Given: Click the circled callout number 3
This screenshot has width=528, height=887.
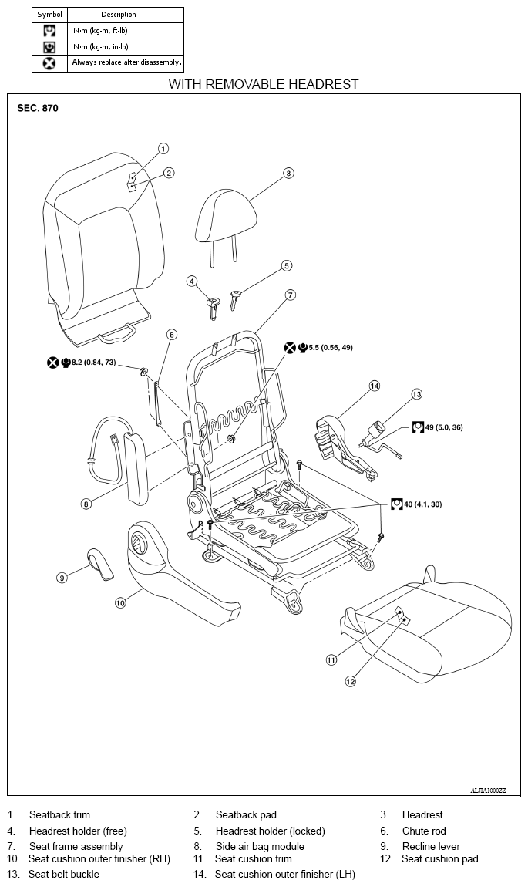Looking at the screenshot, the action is click(288, 173).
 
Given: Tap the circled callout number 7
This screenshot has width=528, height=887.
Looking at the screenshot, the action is click(290, 295).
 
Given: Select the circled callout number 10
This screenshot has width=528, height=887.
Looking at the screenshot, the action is click(120, 603).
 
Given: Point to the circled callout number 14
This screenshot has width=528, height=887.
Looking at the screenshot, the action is click(375, 386).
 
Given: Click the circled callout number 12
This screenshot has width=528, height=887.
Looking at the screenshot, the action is click(351, 681).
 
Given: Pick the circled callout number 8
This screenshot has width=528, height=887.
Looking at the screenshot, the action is click(86, 504).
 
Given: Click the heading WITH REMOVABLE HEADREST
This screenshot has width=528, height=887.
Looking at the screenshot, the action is click(264, 84).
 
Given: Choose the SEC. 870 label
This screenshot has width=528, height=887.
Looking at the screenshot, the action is click(38, 108).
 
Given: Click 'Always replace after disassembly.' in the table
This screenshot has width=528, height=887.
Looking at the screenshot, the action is click(126, 62).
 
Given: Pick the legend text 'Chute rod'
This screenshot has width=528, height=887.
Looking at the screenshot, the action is click(424, 831).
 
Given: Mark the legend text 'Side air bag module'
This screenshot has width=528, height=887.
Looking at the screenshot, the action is click(260, 846).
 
